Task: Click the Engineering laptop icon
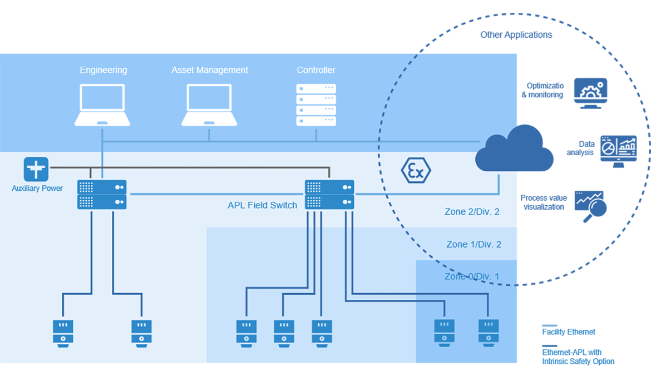click(102, 105)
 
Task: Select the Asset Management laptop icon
click(209, 105)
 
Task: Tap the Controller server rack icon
click(316, 105)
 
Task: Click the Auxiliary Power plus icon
click(36, 169)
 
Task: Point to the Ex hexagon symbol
click(416, 171)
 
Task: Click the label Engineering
click(103, 70)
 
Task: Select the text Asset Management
click(210, 70)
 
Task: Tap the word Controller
click(316, 70)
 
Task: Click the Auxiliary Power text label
click(37, 189)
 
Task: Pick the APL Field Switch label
click(262, 205)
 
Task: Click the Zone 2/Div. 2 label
click(472, 212)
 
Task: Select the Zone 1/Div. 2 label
click(474, 244)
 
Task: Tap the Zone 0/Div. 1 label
click(472, 276)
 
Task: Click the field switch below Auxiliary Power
click(102, 194)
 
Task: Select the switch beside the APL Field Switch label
click(329, 194)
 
